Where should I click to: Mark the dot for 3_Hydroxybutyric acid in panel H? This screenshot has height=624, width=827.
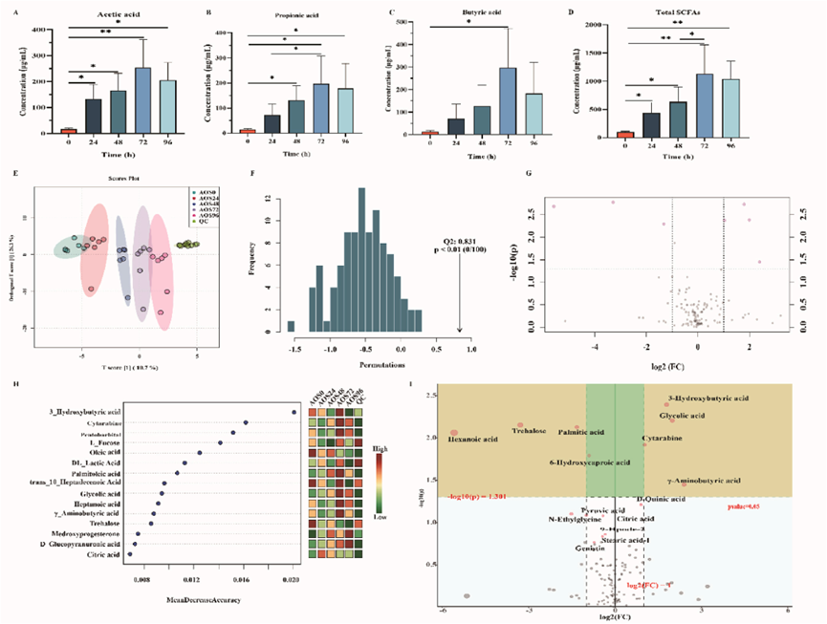pyautogui.click(x=294, y=412)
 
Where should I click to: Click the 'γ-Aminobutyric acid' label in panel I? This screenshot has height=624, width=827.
pyautogui.click(x=704, y=481)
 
